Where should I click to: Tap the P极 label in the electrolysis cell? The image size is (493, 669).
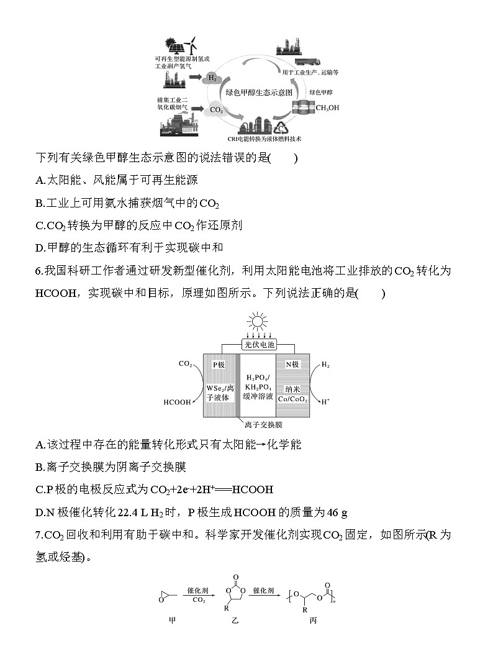[x=219, y=365]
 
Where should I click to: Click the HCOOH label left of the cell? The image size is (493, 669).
[x=178, y=402]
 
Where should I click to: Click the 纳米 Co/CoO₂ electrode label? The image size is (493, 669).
[x=292, y=394]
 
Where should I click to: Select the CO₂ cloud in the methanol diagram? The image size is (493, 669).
[x=216, y=109]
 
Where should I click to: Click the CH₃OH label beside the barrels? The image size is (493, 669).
[x=327, y=107]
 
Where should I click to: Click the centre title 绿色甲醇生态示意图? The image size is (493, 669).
[x=259, y=91]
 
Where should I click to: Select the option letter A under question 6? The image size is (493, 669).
[x=40, y=444]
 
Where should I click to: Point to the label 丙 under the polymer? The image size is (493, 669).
[x=312, y=621]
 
